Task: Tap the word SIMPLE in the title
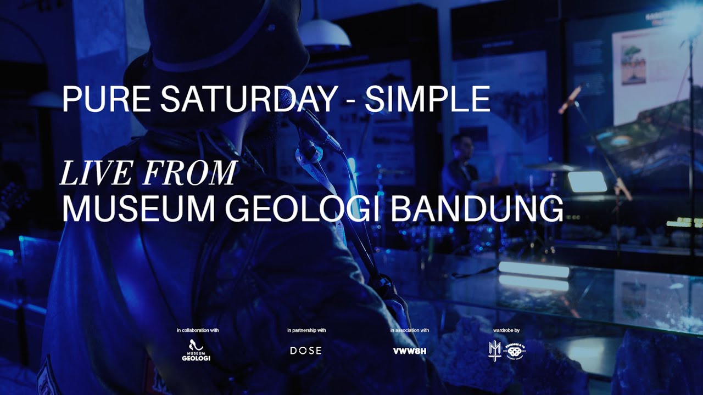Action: [x=427, y=99]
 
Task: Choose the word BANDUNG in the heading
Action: [x=477, y=208]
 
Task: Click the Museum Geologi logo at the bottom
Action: [x=196, y=351]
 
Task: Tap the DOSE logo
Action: [x=306, y=351]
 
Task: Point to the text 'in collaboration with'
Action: [x=198, y=330]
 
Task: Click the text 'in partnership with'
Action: [x=306, y=330]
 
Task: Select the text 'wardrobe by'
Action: [x=506, y=330]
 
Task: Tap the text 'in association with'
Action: [x=410, y=330]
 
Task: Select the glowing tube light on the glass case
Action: [x=533, y=269]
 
